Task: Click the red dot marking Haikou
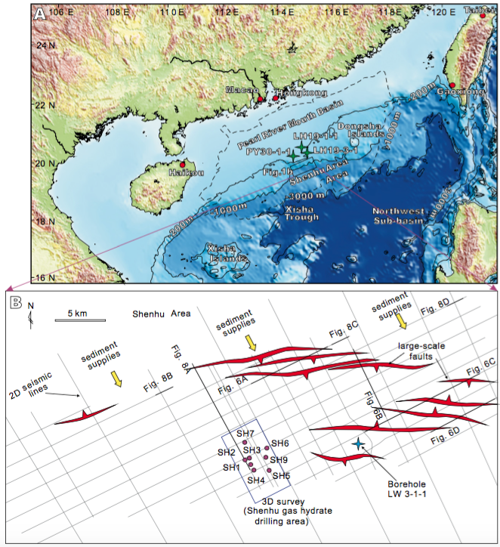coord(182,164)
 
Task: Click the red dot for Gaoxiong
coord(452,85)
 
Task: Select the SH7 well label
coord(245,433)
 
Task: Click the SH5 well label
coord(281,475)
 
